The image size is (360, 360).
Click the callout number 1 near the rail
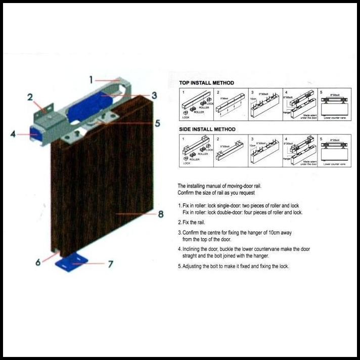pyautogui.click(x=92, y=79)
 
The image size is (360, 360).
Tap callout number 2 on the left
pyautogui.click(x=30, y=97)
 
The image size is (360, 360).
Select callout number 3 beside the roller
pyautogui.click(x=154, y=95)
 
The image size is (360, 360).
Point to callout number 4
pyautogui.click(x=12, y=134)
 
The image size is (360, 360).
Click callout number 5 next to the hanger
pyautogui.click(x=157, y=123)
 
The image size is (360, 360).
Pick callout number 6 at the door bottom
pyautogui.click(x=38, y=262)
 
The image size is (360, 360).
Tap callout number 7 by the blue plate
pyautogui.click(x=110, y=264)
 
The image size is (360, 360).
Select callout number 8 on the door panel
pyautogui.click(x=160, y=214)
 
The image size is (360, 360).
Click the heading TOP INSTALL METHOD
pyautogui.click(x=206, y=83)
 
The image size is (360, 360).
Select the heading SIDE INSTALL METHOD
pyautogui.click(x=207, y=129)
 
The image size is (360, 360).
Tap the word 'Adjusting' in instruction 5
pyautogui.click(x=194, y=266)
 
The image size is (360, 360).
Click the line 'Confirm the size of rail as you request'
pyautogui.click(x=217, y=194)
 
